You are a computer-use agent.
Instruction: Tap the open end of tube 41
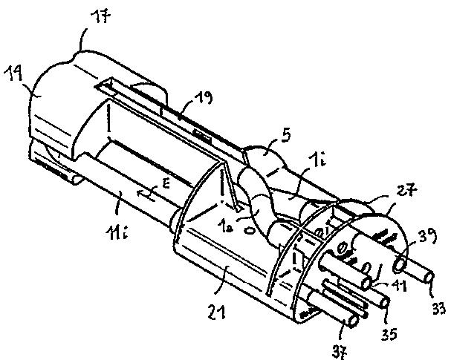pos(369,283)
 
